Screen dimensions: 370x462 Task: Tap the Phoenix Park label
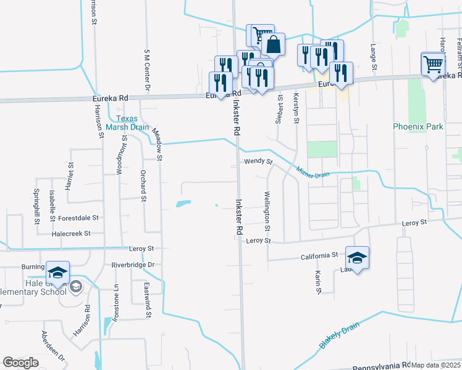418,126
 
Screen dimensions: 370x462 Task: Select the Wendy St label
258,162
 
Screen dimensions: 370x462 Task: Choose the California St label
319,255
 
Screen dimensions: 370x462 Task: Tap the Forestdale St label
78,218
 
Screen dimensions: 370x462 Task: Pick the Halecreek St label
72,234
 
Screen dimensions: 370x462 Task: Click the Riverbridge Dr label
132,265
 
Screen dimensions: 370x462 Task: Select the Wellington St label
267,211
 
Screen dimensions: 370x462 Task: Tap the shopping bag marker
272,44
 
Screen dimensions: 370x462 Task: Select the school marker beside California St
356,257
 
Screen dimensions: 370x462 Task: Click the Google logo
20,363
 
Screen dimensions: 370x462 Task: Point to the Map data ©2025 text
436,365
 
